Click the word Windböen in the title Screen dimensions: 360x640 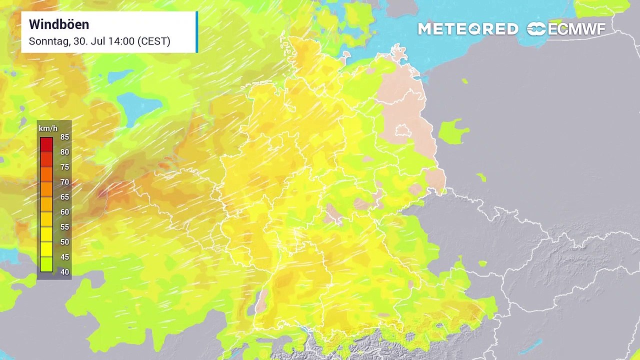click(x=59, y=24)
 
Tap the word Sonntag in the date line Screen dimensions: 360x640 click(x=48, y=41)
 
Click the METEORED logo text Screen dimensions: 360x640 click(x=468, y=29)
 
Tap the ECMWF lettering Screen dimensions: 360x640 click(x=577, y=29)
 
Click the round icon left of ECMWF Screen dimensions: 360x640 click(x=536, y=29)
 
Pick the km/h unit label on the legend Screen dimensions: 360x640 click(x=46, y=128)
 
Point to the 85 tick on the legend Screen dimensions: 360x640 click(x=64, y=137)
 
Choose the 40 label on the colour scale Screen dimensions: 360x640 click(x=64, y=272)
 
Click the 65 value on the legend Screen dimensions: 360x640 click(x=64, y=197)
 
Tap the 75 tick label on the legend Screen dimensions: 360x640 click(x=64, y=167)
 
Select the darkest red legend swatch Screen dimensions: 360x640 click(x=46, y=144)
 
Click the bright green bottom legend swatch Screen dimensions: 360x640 click(x=46, y=264)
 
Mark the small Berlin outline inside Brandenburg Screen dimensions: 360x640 click(x=402, y=131)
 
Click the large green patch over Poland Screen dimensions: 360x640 click(x=452, y=131)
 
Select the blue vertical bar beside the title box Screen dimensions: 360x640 click(x=197, y=32)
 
